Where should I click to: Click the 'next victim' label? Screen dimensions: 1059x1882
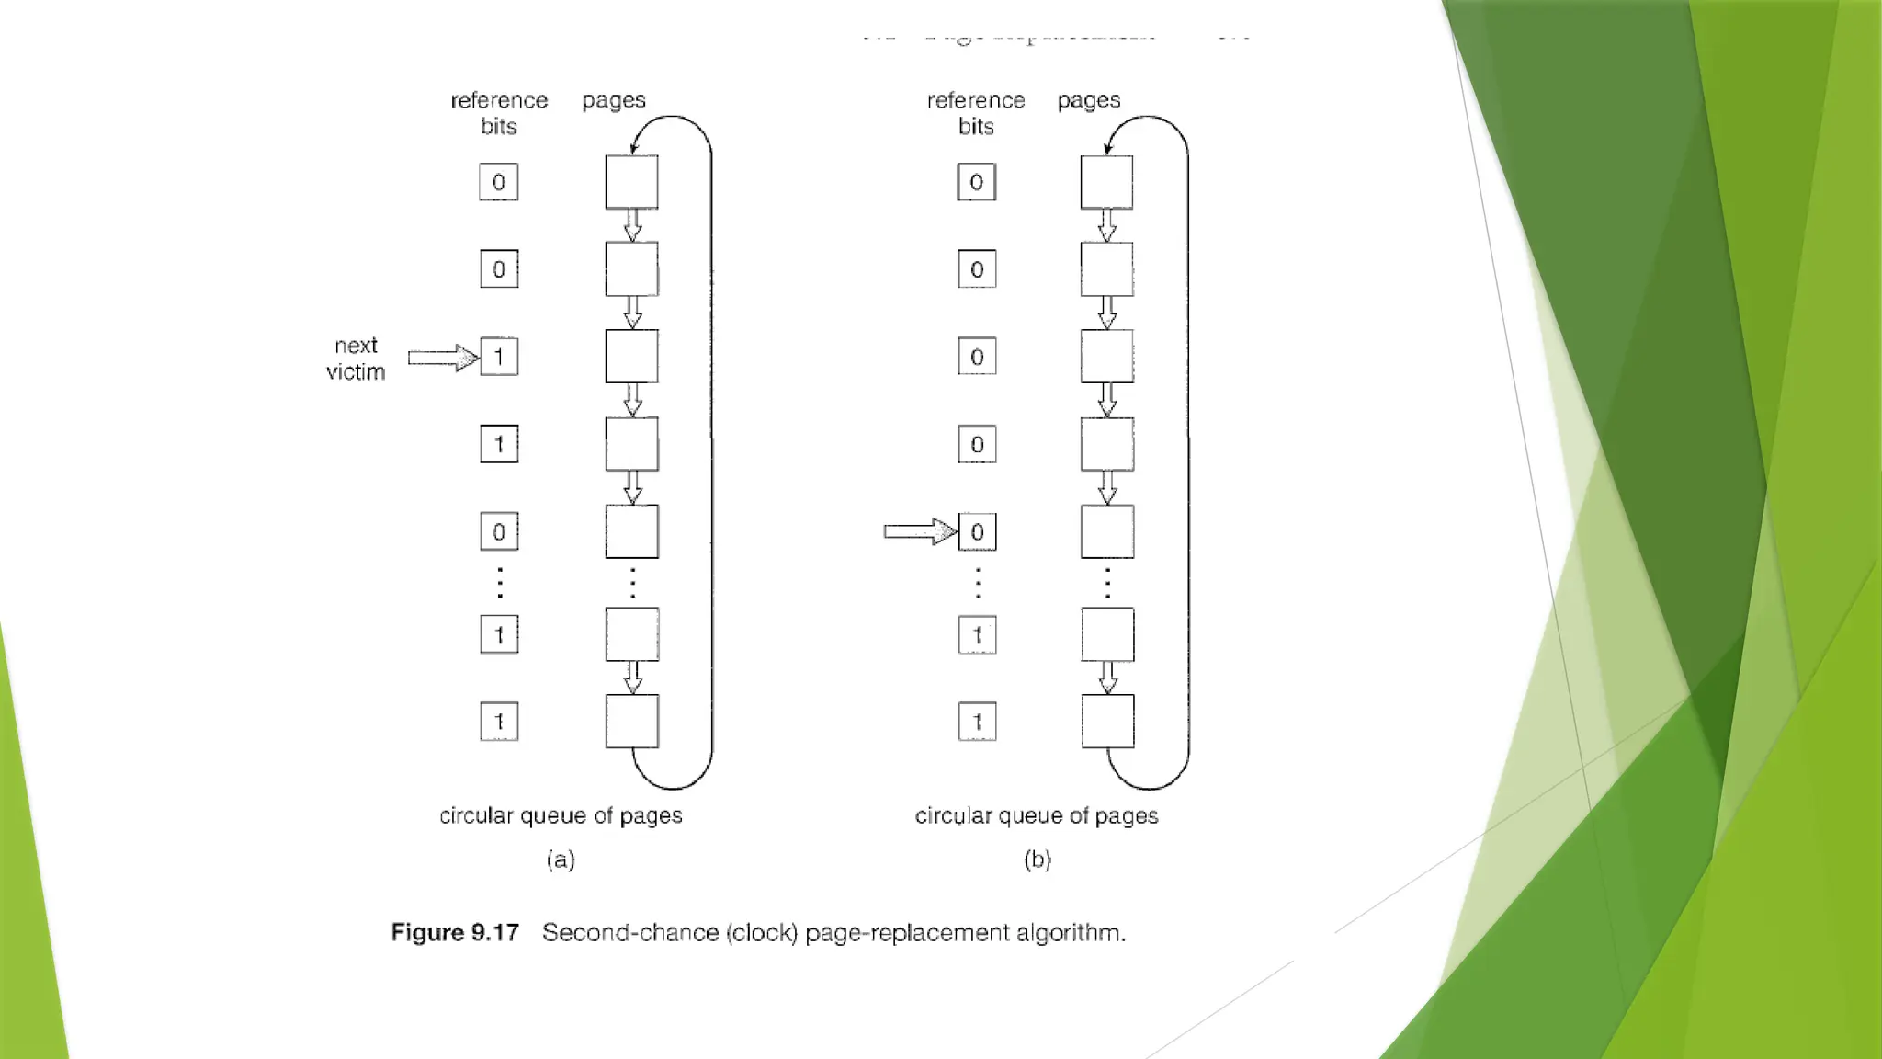coord(356,359)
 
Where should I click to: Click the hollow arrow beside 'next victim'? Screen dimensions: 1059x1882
coord(443,358)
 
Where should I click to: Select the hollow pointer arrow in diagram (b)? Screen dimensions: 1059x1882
coord(919,531)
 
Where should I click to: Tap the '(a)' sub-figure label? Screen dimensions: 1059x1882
coord(561,860)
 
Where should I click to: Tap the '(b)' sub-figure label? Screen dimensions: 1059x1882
coord(1037,860)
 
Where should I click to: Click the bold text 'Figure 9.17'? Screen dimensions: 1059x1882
coord(455,932)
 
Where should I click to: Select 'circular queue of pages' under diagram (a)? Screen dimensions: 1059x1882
coord(561,815)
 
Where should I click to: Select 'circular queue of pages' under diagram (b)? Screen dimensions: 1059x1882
coord(1037,815)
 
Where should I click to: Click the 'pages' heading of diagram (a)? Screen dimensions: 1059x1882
coord(614,99)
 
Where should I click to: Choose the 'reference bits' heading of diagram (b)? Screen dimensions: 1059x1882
coord(976,113)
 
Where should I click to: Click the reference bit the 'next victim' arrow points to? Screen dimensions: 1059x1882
coord(499,357)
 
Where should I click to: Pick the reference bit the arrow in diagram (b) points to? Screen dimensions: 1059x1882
coord(977,531)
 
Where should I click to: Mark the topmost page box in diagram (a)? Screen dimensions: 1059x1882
coord(631,182)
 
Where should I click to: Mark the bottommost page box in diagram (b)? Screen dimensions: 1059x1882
coord(1107,722)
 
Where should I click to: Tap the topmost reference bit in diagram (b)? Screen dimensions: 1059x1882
coord(976,182)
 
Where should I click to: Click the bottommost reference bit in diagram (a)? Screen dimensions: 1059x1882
coord(499,722)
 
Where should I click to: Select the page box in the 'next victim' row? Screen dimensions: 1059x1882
coord(631,357)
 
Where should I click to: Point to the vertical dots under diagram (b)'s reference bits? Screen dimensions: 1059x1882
coord(978,583)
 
